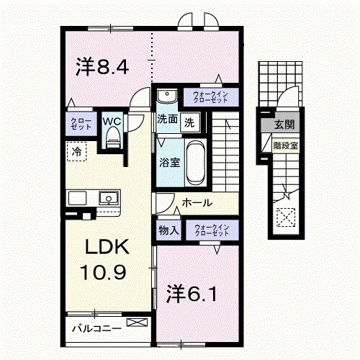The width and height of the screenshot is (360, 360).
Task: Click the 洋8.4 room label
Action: (x=102, y=68)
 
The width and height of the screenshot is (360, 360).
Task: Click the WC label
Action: (x=112, y=121)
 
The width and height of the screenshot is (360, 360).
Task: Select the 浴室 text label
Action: (x=168, y=162)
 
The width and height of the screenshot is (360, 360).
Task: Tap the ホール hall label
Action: (x=196, y=204)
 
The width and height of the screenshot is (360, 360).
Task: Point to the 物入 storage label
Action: (x=169, y=230)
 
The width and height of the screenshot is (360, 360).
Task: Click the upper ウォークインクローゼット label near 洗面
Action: (x=210, y=96)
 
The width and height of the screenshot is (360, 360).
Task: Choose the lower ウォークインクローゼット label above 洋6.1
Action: (x=211, y=230)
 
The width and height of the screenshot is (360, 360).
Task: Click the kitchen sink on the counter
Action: (x=108, y=197)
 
